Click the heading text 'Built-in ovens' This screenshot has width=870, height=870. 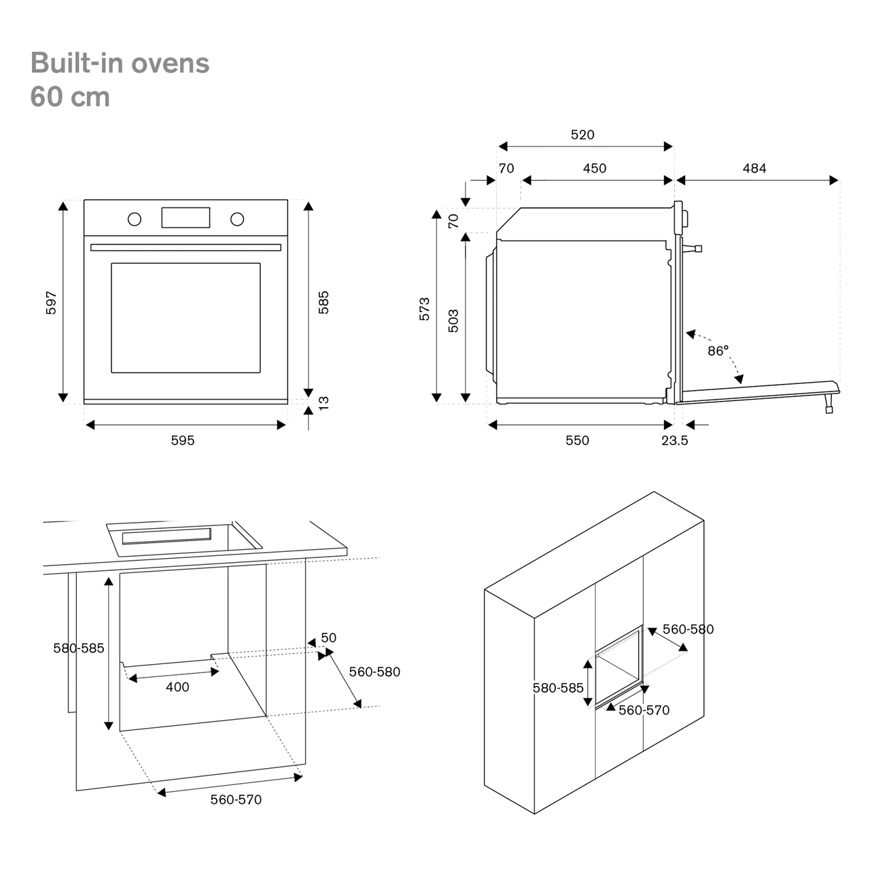coord(120,63)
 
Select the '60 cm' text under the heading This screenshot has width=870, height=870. coord(70,97)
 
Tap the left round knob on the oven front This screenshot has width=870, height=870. coord(135,219)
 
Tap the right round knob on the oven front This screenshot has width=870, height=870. coord(237,219)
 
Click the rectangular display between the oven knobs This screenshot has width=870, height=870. coord(186,217)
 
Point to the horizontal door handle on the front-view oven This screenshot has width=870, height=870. coord(186,247)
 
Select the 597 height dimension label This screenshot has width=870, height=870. coord(51,302)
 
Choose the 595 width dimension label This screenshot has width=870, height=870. coord(182,440)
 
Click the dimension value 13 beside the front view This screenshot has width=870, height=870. coord(324,402)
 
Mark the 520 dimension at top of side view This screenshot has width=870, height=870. coord(582,135)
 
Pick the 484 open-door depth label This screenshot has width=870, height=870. coord(754,168)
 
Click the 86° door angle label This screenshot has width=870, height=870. coord(718,351)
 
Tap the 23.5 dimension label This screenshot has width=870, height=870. coord(675,440)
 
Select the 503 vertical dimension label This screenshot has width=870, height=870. coord(453,321)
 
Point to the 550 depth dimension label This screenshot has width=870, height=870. coord(577,440)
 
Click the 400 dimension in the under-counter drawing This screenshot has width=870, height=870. coord(177,687)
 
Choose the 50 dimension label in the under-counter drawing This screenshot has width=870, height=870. coord(328,638)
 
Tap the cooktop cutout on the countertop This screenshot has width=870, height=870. coord(184,538)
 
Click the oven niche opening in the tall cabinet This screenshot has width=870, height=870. coord(619,666)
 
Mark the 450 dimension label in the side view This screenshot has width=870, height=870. coord(595,168)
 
